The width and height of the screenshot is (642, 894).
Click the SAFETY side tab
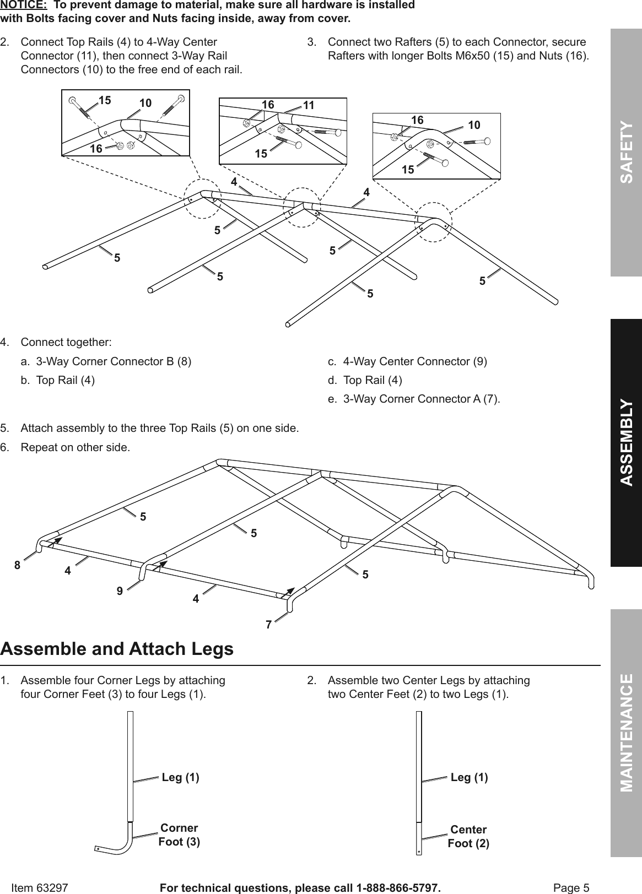click(x=626, y=153)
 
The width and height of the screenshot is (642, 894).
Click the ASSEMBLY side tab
click(x=626, y=442)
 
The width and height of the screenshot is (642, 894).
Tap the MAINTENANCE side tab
click(x=626, y=732)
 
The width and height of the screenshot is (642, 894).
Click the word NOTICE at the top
click(x=23, y=5)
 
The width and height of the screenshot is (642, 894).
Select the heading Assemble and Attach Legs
click(x=117, y=649)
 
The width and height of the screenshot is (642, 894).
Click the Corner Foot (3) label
click(x=179, y=835)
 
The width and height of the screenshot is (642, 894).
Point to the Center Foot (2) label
click(x=468, y=836)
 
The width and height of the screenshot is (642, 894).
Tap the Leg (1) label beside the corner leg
click(x=180, y=777)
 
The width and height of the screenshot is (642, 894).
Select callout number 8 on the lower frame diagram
click(x=18, y=565)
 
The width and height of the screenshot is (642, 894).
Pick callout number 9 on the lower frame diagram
click(x=120, y=591)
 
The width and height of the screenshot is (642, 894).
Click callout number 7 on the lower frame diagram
click(x=268, y=625)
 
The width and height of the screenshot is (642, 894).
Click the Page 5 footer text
click(x=571, y=887)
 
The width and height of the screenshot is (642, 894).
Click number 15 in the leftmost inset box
click(x=105, y=100)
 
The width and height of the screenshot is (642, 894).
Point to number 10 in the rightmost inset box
click(x=474, y=125)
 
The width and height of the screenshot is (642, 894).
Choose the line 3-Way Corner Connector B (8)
click(x=114, y=361)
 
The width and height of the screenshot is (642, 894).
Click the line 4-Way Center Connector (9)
click(x=414, y=361)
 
